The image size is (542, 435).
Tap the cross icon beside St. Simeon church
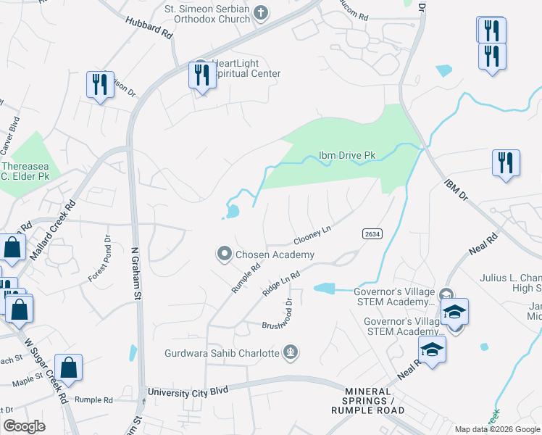[x=261, y=12]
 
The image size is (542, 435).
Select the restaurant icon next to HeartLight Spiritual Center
[x=201, y=74]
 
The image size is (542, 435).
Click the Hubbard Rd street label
[x=149, y=29]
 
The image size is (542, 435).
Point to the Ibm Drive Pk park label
[x=346, y=156]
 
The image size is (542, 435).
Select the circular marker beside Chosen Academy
[x=225, y=254]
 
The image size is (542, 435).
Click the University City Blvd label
[x=188, y=391]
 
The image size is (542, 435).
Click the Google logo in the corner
[x=25, y=426]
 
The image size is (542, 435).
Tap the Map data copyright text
[x=496, y=429]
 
